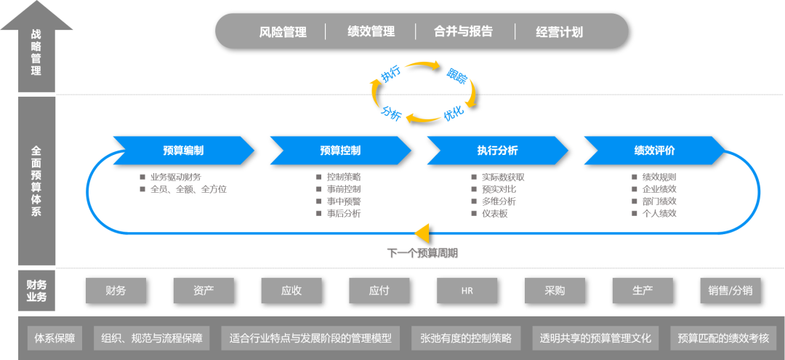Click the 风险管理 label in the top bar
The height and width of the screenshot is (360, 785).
pyautogui.click(x=283, y=32)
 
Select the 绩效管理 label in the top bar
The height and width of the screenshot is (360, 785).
pyautogui.click(x=371, y=32)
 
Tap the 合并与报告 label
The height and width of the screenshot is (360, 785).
pyautogui.click(x=463, y=32)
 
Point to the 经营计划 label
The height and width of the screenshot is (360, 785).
pyautogui.click(x=559, y=32)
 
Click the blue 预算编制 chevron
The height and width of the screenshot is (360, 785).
pyautogui.click(x=183, y=151)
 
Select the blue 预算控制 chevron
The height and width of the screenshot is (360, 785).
pyautogui.click(x=340, y=151)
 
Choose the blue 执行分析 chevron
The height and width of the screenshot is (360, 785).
pyautogui.click(x=497, y=151)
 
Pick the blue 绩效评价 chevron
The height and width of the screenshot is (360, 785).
pyautogui.click(x=654, y=151)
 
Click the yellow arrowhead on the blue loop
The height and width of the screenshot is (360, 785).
pyautogui.click(x=423, y=233)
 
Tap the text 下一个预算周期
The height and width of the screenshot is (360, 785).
pyautogui.click(x=422, y=253)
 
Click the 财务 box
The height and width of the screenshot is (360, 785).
pyautogui.click(x=116, y=291)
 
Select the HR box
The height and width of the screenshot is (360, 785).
pyautogui.click(x=467, y=291)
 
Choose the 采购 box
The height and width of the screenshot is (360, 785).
pyautogui.click(x=555, y=291)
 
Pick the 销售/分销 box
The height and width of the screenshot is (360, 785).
pyautogui.click(x=730, y=291)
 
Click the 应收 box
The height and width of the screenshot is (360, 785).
pyautogui.click(x=291, y=291)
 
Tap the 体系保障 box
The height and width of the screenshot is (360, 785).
pyautogui.click(x=55, y=338)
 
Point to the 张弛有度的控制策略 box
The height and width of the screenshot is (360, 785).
pyautogui.click(x=466, y=338)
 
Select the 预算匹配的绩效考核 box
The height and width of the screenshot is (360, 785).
pyautogui.click(x=722, y=338)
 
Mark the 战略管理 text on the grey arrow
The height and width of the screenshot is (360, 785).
pyautogui.click(x=36, y=52)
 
